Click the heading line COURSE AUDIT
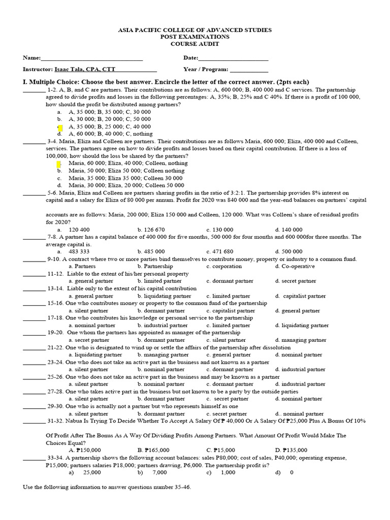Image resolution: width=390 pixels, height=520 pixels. (195, 44)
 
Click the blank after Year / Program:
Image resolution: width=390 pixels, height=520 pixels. (249, 70)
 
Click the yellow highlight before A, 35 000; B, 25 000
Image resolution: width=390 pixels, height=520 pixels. (60, 127)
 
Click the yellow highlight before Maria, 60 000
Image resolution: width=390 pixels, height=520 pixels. (59, 164)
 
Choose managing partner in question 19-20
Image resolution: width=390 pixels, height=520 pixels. (304, 340)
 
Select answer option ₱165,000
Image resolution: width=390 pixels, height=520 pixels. (156, 450)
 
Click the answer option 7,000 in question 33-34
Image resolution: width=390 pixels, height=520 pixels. (159, 472)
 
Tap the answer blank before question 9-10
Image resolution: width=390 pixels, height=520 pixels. (34, 259)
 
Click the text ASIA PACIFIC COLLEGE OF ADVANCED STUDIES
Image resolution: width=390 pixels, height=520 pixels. (195, 30)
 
